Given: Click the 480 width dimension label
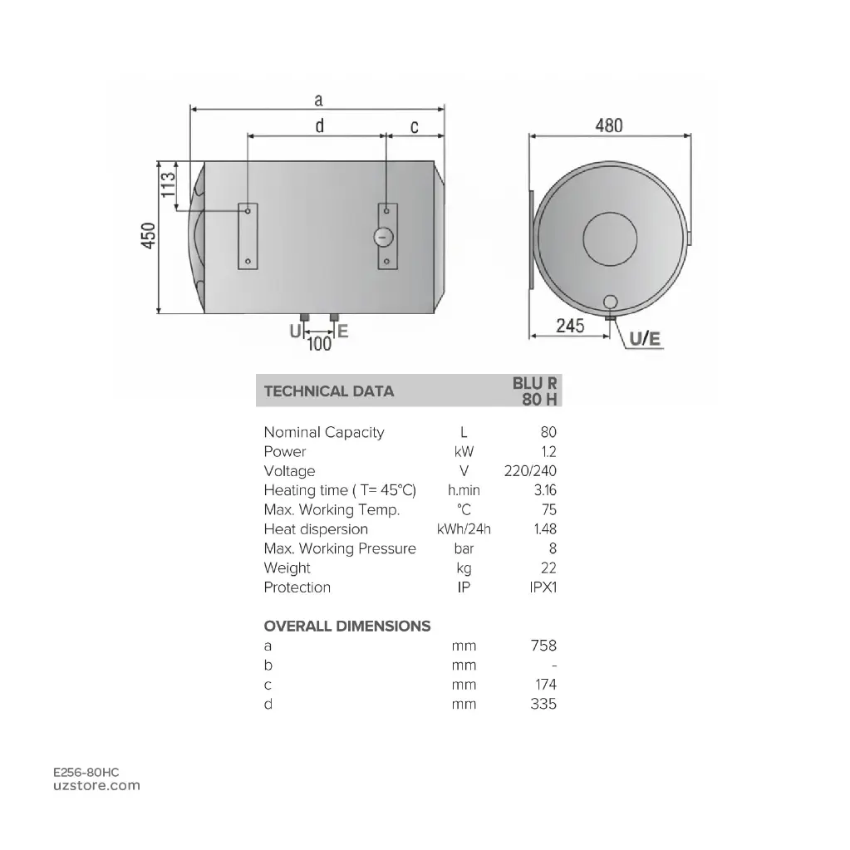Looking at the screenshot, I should [608, 125].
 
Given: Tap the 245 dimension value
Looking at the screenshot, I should [570, 326].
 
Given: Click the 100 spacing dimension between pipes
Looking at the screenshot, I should [320, 343].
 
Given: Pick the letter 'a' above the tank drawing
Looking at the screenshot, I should [318, 101].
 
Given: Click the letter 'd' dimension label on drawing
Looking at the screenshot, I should [319, 126].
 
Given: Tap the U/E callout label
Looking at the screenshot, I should [645, 338].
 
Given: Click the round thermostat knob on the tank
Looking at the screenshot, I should [383, 237].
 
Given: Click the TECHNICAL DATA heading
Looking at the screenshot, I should [328, 391].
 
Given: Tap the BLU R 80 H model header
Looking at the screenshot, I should [536, 391].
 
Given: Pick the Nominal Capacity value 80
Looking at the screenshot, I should [548, 432].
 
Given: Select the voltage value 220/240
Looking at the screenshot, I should [530, 471].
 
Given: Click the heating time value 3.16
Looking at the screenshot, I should [545, 490].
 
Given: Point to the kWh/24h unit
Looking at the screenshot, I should [464, 529].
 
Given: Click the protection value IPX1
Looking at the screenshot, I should [543, 587].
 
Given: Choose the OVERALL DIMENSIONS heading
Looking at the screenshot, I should [347, 626].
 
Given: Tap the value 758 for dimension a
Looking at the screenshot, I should [543, 646].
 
